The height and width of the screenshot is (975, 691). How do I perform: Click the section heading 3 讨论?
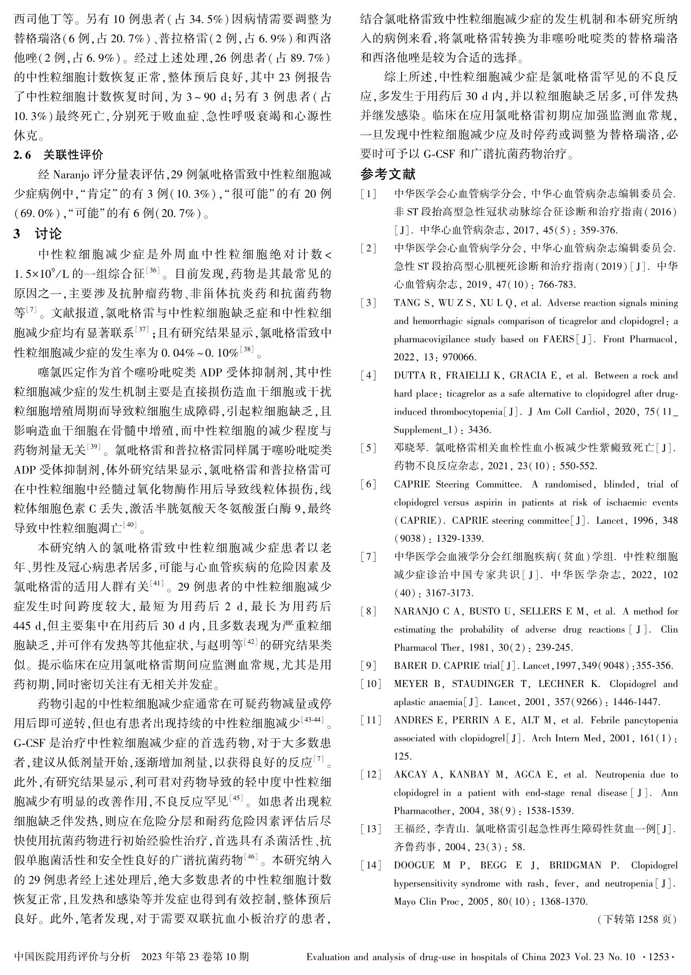38,234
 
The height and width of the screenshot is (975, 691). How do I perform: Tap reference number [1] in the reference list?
370,194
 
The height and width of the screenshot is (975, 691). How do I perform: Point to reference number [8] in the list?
370,612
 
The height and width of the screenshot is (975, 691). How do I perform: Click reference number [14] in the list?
371,865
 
